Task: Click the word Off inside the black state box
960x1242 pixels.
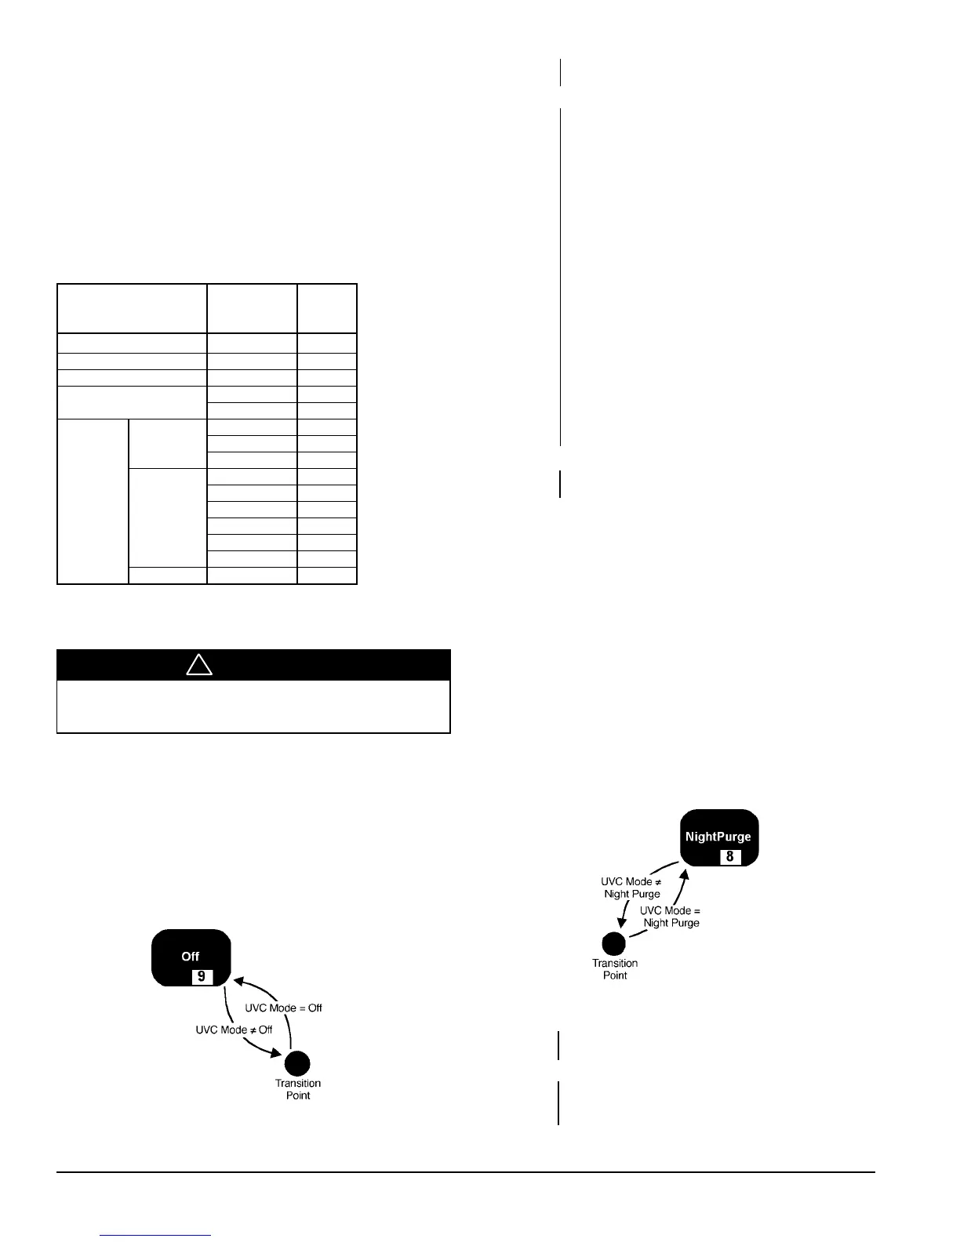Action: click(191, 957)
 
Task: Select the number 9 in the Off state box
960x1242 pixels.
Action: click(202, 976)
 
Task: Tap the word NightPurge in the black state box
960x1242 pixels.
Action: click(718, 837)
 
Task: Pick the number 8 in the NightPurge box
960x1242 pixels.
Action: click(729, 856)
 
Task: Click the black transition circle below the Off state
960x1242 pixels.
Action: click(297, 1063)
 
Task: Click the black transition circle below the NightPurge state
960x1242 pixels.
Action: click(614, 943)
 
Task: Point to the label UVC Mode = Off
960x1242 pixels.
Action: click(283, 1008)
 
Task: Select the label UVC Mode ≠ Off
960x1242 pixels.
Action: click(234, 1030)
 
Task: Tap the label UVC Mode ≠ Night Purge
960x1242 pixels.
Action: click(632, 888)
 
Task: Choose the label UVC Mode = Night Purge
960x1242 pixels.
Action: click(671, 917)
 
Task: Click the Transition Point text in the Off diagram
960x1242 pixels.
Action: click(298, 1089)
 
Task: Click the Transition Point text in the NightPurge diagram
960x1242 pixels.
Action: click(615, 969)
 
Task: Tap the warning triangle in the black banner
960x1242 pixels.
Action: click(199, 665)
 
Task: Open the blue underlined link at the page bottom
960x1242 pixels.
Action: click(156, 1235)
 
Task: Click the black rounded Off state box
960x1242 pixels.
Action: click(191, 957)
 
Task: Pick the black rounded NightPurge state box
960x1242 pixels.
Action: click(718, 837)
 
